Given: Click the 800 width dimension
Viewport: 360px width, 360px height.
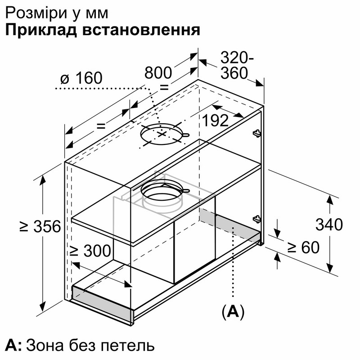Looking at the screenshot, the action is click(158, 73).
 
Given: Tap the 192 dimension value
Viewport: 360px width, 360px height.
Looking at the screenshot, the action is click(215, 120).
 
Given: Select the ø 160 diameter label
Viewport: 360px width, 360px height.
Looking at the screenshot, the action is click(81, 78).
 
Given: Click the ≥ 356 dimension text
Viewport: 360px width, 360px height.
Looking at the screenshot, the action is click(40, 226).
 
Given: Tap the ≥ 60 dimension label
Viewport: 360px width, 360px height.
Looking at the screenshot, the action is click(303, 247).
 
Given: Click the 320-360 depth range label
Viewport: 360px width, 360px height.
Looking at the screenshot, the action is click(237, 65).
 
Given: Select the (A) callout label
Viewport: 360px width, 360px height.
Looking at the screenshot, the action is click(233, 312).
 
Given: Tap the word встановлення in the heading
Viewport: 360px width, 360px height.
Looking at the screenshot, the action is click(141, 30).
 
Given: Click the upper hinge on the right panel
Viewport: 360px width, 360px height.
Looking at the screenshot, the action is click(256, 133).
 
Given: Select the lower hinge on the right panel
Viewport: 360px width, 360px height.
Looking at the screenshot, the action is click(256, 219).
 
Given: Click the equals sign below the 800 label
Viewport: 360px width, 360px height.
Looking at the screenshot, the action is click(164, 87).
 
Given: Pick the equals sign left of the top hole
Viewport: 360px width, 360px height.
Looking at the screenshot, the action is click(101, 126).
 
